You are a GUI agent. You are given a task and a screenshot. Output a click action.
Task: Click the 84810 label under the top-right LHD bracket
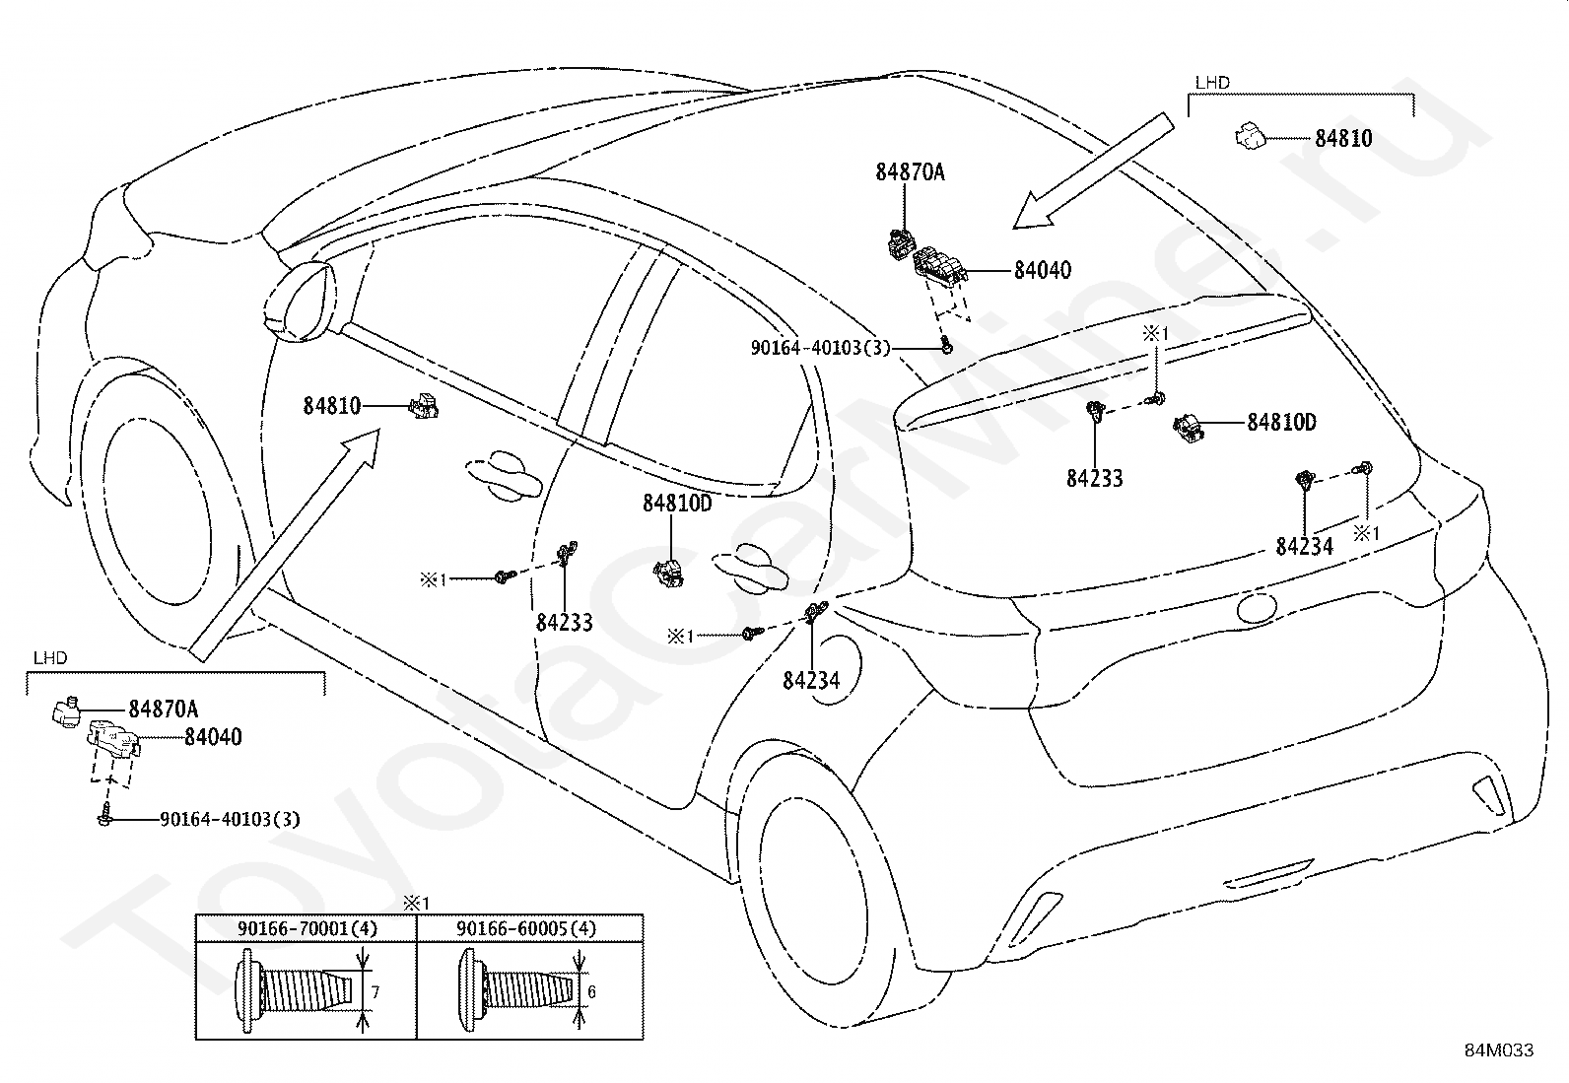(x=1343, y=139)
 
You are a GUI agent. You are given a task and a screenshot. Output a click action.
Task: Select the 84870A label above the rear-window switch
(x=910, y=172)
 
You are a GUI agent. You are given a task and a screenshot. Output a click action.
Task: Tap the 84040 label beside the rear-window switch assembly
(x=1043, y=270)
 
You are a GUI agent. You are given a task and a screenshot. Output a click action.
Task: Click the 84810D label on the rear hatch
(x=1281, y=423)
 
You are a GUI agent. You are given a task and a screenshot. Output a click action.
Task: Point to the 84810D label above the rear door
(x=677, y=504)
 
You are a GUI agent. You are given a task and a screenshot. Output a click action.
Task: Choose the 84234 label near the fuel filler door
(x=811, y=680)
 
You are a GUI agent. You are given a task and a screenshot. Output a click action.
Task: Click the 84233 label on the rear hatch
(x=1095, y=479)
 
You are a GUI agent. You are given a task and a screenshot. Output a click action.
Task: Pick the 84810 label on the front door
(x=332, y=406)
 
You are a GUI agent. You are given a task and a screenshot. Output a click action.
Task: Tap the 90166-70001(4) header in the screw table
(x=307, y=929)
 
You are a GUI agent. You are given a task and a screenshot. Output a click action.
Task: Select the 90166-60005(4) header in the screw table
(x=526, y=929)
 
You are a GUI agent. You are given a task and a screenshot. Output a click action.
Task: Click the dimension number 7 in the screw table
(x=375, y=992)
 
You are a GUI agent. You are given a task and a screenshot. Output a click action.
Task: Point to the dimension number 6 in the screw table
(x=592, y=992)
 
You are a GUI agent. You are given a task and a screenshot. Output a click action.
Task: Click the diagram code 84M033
(x=1499, y=1050)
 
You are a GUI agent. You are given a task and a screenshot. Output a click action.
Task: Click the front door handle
(x=505, y=475)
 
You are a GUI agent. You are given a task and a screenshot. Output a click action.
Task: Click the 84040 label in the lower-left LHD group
(x=213, y=737)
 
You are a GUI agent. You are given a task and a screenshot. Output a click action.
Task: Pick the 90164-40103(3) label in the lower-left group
(x=230, y=819)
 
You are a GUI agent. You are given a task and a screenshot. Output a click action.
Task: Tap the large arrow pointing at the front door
(x=285, y=546)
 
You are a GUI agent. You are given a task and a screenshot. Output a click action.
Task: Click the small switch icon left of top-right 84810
(x=1251, y=137)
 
